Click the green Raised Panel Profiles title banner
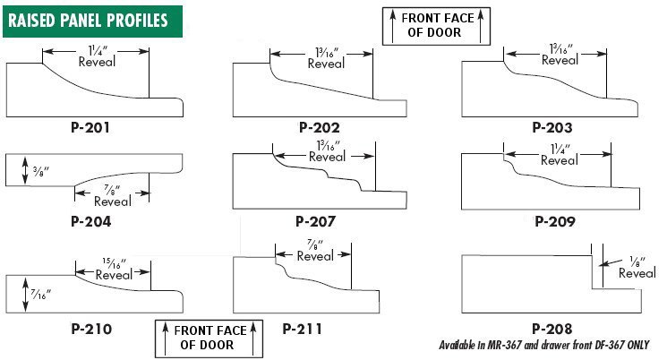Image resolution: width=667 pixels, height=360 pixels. coord(93,21)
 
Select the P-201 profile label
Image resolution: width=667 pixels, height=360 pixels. coord(90,128)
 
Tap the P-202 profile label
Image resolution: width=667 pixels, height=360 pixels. coord(320,128)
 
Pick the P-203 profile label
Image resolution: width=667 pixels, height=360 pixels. coord(552,128)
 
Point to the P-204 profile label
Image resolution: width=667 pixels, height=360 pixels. coord(91,221)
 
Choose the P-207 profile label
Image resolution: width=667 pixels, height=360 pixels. coord(316,221)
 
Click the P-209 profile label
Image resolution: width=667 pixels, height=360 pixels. coord(555,221)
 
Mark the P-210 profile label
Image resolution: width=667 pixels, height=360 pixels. coord(91,329)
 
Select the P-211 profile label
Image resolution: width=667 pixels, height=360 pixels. coord(302,329)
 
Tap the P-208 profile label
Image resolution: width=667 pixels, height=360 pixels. coord(552,329)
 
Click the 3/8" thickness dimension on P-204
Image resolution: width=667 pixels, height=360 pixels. coord(41,171)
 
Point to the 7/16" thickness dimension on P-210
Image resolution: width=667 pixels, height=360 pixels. coord(41,294)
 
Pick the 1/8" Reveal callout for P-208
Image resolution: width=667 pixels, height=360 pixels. coord(637,268)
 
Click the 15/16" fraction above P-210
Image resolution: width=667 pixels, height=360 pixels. coord(114,263)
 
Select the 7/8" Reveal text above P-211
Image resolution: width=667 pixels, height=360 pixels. coord(315,251)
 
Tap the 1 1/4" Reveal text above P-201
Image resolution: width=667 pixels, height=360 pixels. coord(97,56)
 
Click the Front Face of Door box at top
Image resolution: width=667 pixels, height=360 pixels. coord(436,26)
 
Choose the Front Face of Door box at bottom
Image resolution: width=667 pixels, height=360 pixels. coord(209,339)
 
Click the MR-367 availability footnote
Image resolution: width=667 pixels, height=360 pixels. coord(544,345)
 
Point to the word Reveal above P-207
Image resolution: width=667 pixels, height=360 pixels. coord(327,157)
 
